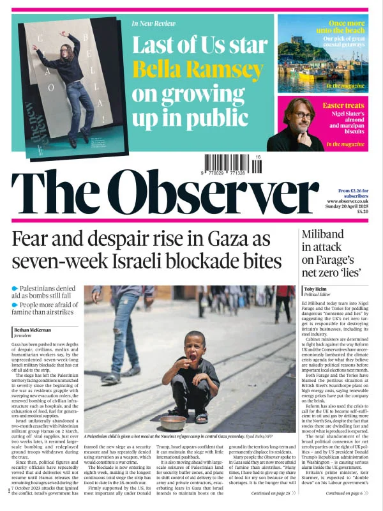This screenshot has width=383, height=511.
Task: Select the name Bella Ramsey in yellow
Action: [198, 70]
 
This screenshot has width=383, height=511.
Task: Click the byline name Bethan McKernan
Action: [33, 330]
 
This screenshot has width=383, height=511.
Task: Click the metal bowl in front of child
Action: [172, 422]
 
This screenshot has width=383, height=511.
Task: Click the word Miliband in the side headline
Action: [326, 233]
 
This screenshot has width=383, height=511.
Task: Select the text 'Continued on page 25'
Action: [271, 493]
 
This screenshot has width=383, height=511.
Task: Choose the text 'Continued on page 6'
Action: [345, 493]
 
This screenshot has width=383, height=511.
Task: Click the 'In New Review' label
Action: [153, 24]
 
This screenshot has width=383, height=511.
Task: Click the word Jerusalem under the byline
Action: [23, 335]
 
